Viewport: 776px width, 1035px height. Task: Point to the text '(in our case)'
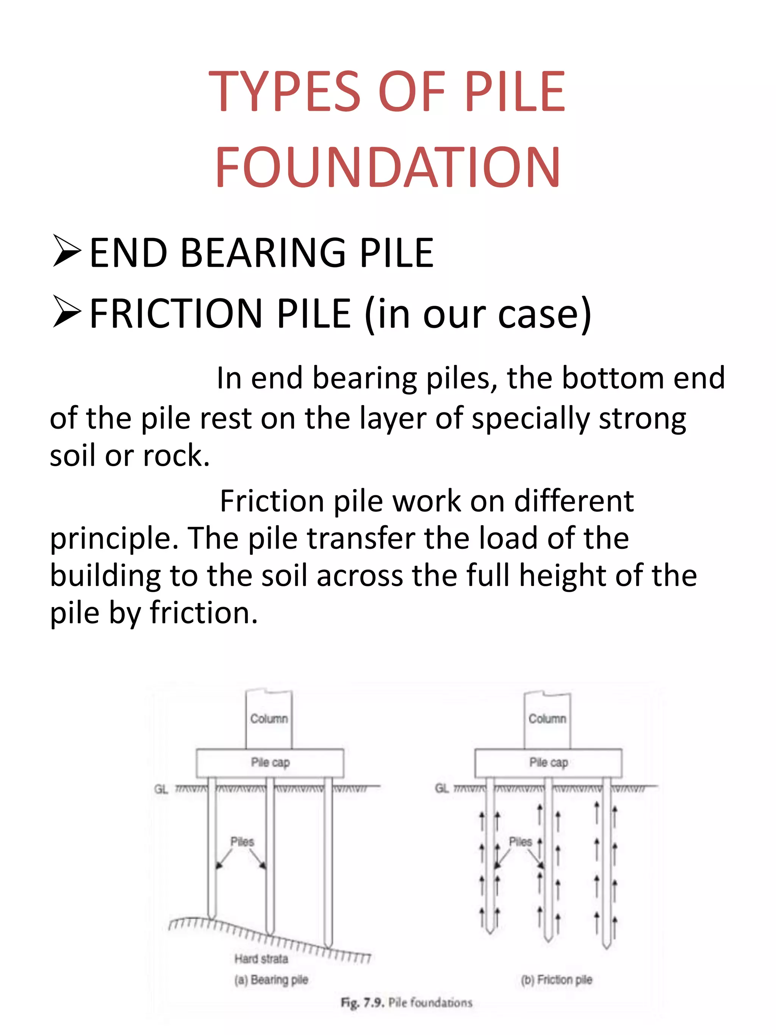click(477, 313)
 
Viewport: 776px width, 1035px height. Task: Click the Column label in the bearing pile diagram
click(269, 718)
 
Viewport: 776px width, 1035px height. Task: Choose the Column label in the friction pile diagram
click(547, 718)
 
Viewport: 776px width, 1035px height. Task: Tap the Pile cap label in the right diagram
click(548, 762)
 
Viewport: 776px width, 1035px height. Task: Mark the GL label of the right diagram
click(441, 788)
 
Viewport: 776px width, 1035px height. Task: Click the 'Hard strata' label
click(261, 959)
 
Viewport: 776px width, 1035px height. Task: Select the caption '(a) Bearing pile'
click(271, 980)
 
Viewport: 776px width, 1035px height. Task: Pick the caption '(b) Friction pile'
click(556, 980)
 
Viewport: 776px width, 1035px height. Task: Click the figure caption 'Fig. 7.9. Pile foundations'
click(406, 1003)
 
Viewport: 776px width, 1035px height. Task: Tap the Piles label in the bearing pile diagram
click(242, 842)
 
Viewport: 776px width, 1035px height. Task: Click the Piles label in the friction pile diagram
click(520, 842)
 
